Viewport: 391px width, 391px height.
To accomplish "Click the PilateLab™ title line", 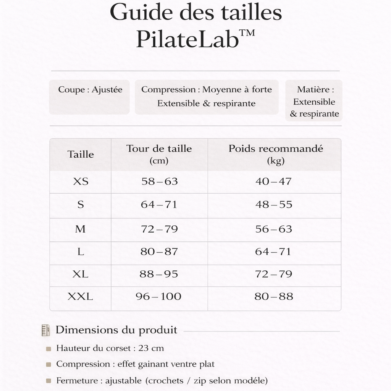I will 195,39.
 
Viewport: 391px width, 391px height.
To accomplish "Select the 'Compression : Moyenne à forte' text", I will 207,90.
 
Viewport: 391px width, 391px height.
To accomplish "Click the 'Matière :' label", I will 315,90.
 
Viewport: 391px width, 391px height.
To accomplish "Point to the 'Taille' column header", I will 81,155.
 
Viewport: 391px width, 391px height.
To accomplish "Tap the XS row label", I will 81,181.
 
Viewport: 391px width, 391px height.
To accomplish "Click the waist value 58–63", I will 160,181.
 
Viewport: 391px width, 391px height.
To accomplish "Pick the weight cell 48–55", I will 274,205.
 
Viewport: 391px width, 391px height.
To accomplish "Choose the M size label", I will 81,229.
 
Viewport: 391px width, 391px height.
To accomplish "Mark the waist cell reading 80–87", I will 159,252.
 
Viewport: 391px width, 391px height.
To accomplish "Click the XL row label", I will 81,274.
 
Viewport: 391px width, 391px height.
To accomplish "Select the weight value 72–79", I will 274,274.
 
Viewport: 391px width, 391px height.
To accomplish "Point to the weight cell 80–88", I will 274,296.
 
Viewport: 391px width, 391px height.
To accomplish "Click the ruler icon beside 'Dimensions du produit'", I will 46,330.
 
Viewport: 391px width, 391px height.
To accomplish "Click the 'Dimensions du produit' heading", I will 116,330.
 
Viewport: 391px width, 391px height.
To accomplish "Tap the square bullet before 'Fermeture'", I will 48,381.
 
